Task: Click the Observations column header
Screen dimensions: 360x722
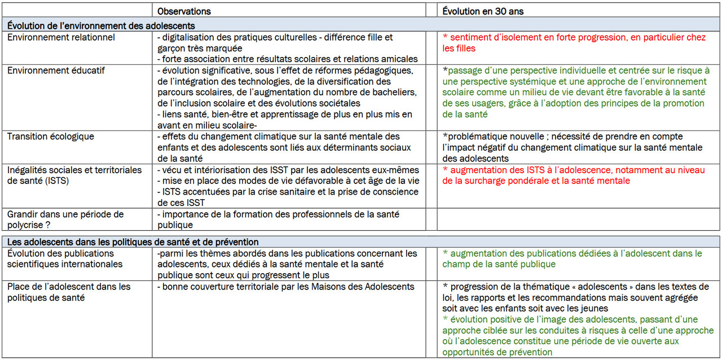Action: click(x=184, y=11)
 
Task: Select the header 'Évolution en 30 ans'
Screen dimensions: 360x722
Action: click(x=483, y=11)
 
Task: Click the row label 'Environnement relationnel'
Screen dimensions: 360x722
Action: click(x=61, y=37)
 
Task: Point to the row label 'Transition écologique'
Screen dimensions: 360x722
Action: click(x=51, y=137)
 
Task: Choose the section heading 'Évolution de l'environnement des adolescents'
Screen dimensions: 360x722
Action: click(x=102, y=25)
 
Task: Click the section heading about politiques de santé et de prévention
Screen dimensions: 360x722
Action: click(x=133, y=242)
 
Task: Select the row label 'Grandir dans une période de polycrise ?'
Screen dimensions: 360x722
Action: click(x=65, y=219)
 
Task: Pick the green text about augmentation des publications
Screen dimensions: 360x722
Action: click(x=572, y=259)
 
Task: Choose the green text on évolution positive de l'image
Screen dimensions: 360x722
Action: click(x=578, y=336)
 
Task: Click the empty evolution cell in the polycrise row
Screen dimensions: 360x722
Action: click(x=578, y=219)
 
